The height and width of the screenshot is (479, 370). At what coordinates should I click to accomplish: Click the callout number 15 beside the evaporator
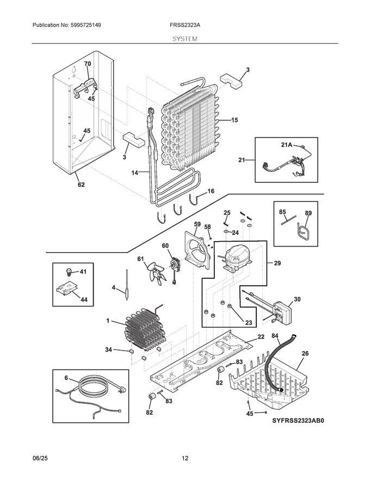235,120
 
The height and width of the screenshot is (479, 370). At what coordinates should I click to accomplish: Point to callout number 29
277,263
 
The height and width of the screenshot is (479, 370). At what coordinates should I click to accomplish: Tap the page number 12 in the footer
185,458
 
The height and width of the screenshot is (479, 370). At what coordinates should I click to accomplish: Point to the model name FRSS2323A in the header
185,25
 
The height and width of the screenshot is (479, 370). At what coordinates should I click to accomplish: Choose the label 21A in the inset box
287,145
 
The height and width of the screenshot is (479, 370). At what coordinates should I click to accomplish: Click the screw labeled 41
70,271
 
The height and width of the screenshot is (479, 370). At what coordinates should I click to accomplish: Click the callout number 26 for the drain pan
305,353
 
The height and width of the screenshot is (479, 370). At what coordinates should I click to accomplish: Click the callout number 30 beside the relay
297,299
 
